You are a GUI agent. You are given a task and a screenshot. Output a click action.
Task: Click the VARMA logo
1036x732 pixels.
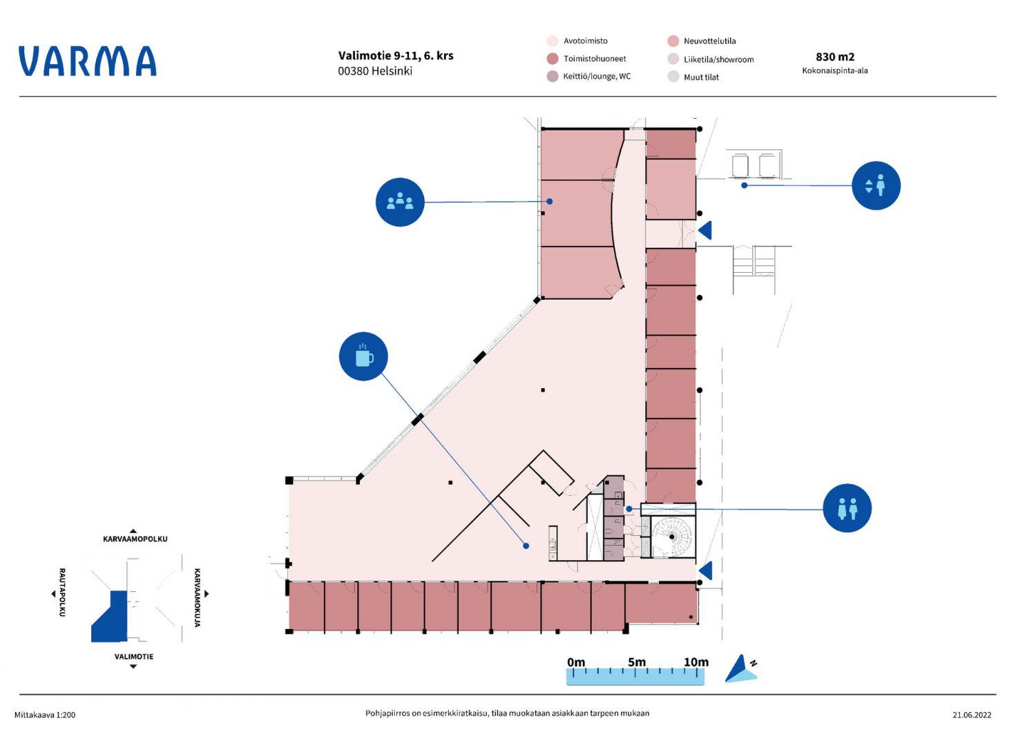click(88, 61)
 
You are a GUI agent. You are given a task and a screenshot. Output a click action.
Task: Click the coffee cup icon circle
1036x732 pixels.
click(363, 356)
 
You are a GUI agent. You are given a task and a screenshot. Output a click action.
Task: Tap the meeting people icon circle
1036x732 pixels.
click(400, 202)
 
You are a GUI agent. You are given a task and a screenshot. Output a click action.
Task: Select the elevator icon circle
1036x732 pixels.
click(876, 185)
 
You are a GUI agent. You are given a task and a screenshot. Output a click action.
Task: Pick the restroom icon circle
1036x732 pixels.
click(847, 508)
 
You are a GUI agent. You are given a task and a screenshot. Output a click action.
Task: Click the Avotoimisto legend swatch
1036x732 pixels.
click(553, 41)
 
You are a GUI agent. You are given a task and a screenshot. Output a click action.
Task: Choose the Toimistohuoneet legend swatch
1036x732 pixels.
click(553, 59)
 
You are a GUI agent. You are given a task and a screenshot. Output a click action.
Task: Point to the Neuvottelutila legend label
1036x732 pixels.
click(709, 41)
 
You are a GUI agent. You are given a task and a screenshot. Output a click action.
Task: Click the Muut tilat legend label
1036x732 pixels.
click(701, 77)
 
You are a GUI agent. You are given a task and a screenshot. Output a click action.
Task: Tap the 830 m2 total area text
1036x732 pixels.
click(835, 57)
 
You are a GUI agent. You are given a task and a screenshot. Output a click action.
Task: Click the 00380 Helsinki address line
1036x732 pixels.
click(375, 71)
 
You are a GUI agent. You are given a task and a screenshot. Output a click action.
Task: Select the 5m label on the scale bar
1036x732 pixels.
click(637, 662)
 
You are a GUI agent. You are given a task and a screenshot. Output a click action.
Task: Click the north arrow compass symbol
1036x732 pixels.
click(740, 668)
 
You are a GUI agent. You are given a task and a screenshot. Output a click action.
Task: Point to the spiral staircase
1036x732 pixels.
click(672, 537)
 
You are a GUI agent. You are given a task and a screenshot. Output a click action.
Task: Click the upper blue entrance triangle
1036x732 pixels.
click(705, 230)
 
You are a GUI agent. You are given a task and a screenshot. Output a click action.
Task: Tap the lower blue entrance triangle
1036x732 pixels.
click(705, 571)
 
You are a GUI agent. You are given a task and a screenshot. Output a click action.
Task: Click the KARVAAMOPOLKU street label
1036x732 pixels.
click(135, 539)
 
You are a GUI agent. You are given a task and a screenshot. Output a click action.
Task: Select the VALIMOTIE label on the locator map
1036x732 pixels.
click(134, 657)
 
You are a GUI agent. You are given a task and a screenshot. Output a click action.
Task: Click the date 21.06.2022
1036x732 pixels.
click(971, 715)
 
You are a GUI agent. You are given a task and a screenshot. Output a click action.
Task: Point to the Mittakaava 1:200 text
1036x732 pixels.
click(45, 715)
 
